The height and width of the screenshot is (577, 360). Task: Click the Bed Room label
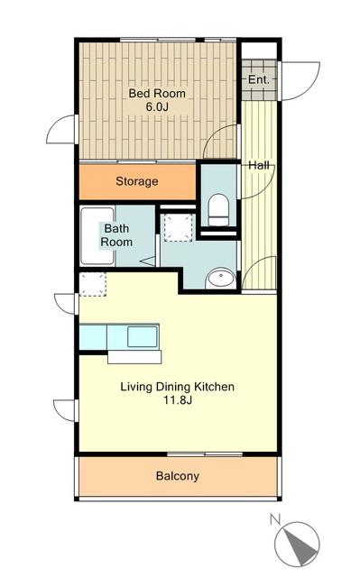[x=157, y=94]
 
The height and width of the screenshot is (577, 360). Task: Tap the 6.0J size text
[x=157, y=107]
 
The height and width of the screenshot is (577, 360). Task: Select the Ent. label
[x=258, y=79]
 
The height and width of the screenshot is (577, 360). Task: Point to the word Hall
[x=259, y=165]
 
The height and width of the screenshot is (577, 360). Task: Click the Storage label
[x=137, y=181]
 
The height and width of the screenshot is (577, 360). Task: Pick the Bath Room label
[x=116, y=235]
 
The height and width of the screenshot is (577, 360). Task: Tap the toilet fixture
[x=218, y=210]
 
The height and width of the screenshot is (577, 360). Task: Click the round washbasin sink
[x=220, y=279]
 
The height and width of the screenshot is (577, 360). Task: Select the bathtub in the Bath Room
[x=97, y=236]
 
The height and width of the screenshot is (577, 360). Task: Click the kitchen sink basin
[x=142, y=336]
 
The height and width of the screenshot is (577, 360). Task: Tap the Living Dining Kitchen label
[x=178, y=387]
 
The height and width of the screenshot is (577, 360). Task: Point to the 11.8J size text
[x=178, y=400]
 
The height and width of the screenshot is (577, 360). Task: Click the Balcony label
[x=178, y=476]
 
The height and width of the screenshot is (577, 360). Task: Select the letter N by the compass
[x=275, y=519]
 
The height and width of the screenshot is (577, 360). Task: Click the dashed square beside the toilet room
[x=179, y=228]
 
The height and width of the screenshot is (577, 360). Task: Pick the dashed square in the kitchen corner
[x=93, y=284]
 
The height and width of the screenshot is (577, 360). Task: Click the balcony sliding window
[x=205, y=454]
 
